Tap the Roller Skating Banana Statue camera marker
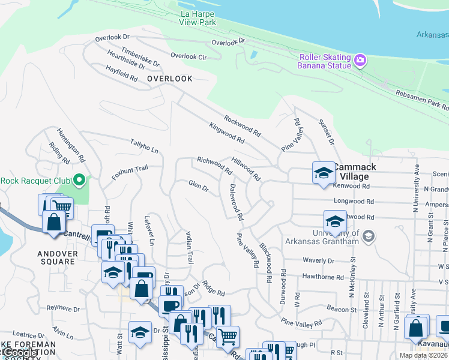point(360,59)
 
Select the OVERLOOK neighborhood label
point(170,79)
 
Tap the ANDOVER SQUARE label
point(58,258)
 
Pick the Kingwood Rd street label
point(227,133)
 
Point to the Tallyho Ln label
point(144,146)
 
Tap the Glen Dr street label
point(198,187)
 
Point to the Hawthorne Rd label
point(323,277)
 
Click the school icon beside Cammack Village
point(324,173)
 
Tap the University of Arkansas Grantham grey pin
point(369,237)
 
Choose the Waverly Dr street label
point(319,261)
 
